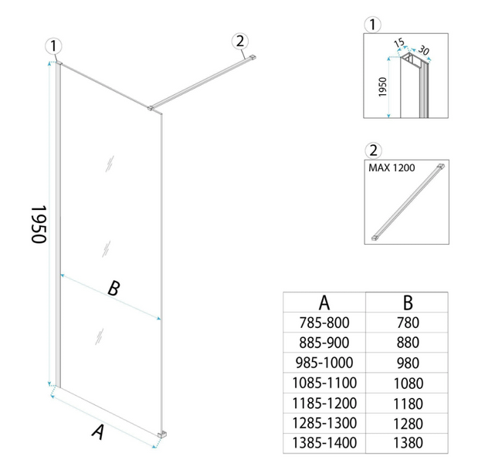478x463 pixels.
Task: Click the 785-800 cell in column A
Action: (x=324, y=323)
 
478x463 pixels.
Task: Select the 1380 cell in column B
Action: (x=408, y=443)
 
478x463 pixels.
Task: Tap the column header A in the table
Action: (x=324, y=302)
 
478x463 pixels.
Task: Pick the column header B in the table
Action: (x=408, y=302)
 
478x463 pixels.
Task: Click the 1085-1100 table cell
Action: (x=324, y=383)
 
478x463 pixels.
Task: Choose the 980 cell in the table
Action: (x=408, y=363)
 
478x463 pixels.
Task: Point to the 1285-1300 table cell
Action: (x=324, y=423)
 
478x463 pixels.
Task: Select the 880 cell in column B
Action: (x=408, y=343)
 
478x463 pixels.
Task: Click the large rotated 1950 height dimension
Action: (x=39, y=225)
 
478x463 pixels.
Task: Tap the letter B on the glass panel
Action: (x=114, y=288)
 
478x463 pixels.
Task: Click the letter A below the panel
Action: (x=98, y=431)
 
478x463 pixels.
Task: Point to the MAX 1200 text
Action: (x=392, y=168)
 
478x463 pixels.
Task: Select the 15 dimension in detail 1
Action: (x=399, y=42)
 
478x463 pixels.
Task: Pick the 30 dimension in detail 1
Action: (x=423, y=49)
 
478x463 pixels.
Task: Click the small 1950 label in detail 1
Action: (x=382, y=87)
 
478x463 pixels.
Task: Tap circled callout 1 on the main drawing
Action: (x=53, y=46)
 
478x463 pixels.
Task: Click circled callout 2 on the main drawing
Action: (x=240, y=41)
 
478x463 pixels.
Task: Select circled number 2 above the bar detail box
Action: (x=374, y=150)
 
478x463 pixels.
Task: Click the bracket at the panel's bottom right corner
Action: (x=162, y=434)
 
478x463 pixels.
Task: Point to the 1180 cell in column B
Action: (x=408, y=404)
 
